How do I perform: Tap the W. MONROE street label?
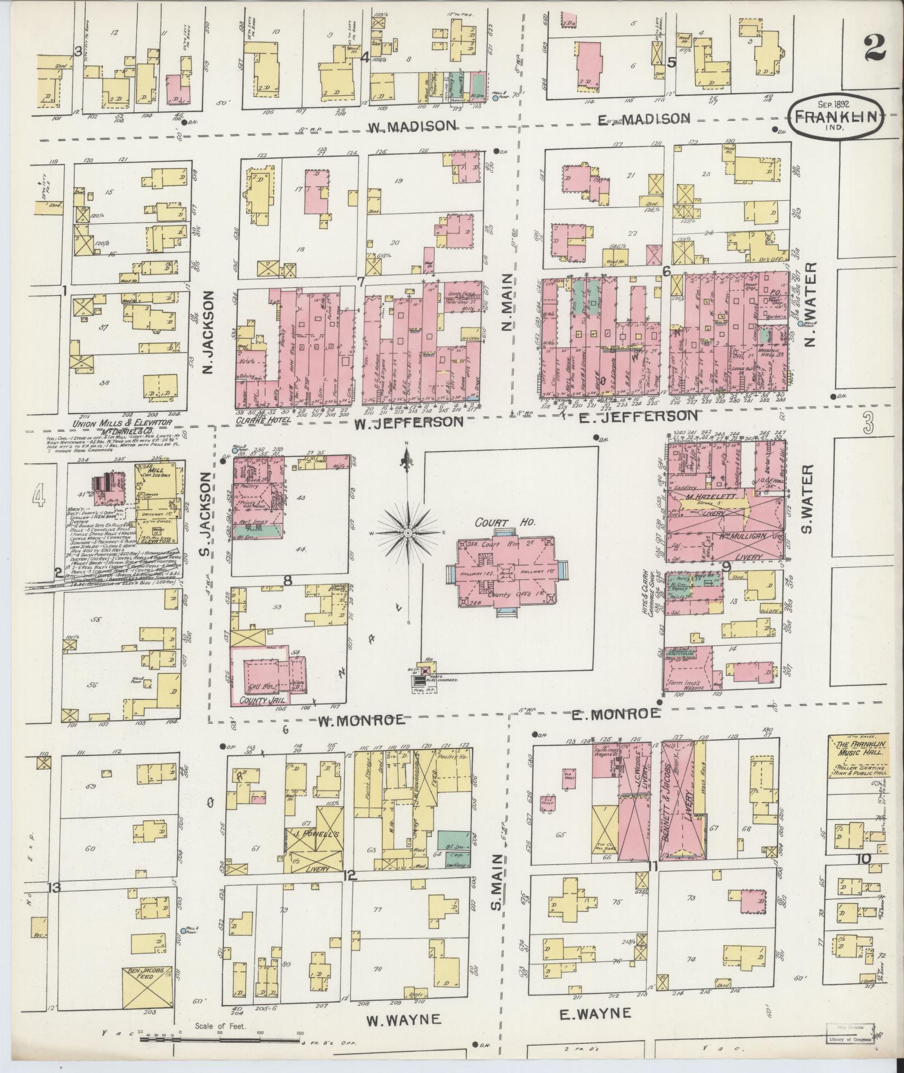click(x=361, y=720)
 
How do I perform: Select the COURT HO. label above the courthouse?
click(x=506, y=521)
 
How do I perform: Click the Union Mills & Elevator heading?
click(x=128, y=424)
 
